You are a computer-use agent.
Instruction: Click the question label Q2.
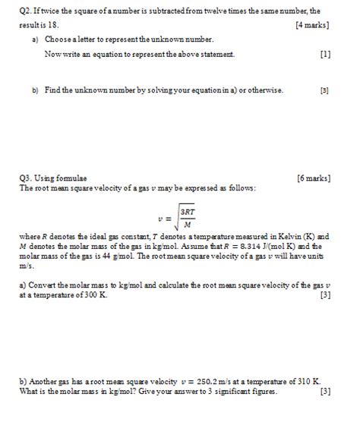coord(27,11)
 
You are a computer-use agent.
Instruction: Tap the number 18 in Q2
coord(52,24)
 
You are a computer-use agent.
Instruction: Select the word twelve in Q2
coord(216,11)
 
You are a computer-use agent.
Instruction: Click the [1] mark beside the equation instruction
coord(325,55)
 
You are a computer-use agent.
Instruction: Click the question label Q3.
coord(27,178)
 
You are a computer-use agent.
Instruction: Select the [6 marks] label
coord(313,178)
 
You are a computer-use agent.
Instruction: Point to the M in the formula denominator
coord(188,224)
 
